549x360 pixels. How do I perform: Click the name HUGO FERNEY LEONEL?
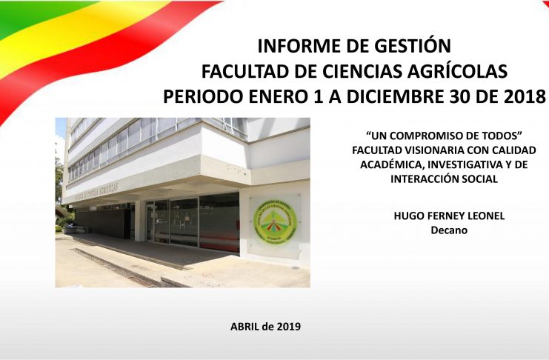pos(449,216)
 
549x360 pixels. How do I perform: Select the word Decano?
pos(449,230)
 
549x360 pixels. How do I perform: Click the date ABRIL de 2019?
pos(265,327)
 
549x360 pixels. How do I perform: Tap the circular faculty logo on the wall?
pos(275,221)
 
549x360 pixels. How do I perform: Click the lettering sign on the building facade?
pos(96,193)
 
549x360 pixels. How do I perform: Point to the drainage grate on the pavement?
pos(116,268)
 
